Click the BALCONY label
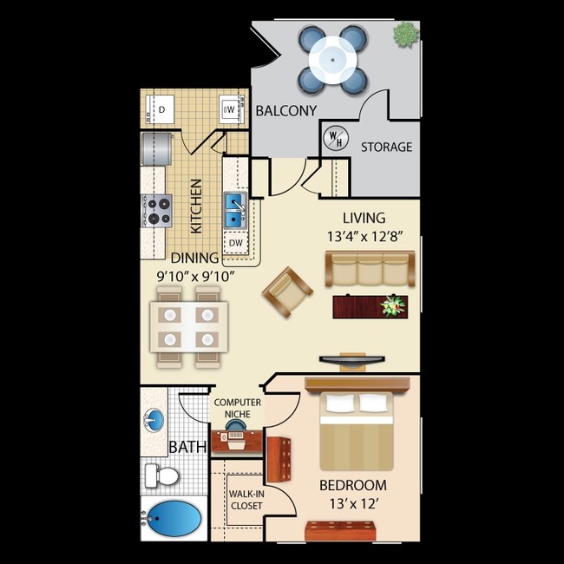tap(285, 110)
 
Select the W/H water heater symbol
tap(334, 138)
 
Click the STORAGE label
tap(386, 148)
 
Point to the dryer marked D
tap(162, 109)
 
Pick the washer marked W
tap(230, 109)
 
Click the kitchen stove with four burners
tap(158, 208)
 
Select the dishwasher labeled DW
tap(235, 244)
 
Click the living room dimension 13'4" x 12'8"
tap(364, 233)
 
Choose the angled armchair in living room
tap(287, 293)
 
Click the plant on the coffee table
tap(394, 305)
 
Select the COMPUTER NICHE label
tap(237, 409)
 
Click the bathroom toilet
tap(161, 475)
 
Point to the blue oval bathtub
tap(174, 520)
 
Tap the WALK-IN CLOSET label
tap(246, 501)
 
